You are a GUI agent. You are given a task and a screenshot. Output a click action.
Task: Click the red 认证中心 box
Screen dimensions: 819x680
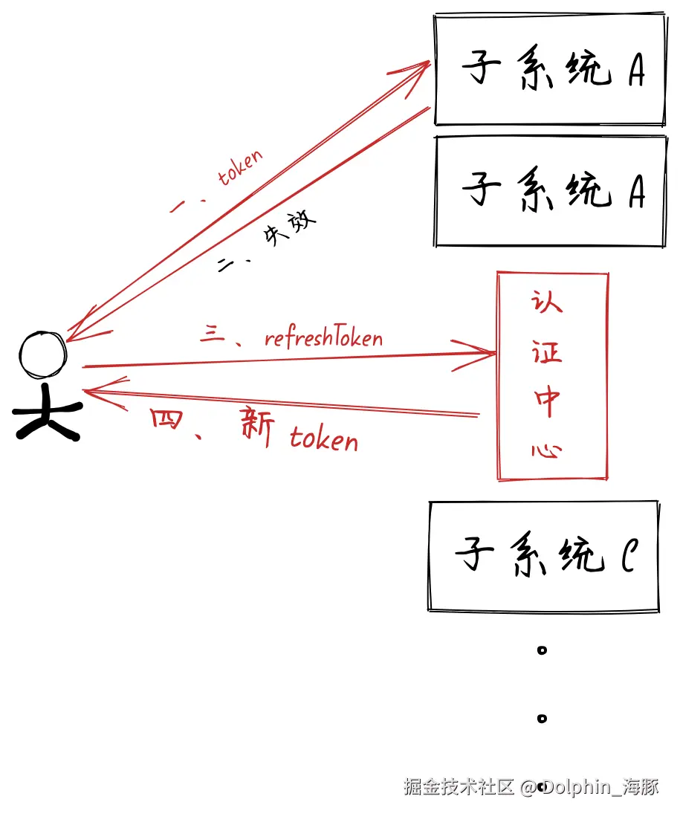pos(552,376)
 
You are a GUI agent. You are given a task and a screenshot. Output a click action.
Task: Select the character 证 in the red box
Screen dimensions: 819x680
pos(547,352)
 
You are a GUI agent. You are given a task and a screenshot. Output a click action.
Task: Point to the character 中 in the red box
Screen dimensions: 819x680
pos(548,403)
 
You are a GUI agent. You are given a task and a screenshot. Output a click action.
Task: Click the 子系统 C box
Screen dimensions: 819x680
pos(544,556)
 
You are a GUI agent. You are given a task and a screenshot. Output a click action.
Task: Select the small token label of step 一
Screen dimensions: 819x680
pos(240,168)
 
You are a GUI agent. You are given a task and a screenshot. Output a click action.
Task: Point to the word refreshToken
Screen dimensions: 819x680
pos(323,339)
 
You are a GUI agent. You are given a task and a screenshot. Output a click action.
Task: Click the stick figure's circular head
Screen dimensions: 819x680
pos(43,355)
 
